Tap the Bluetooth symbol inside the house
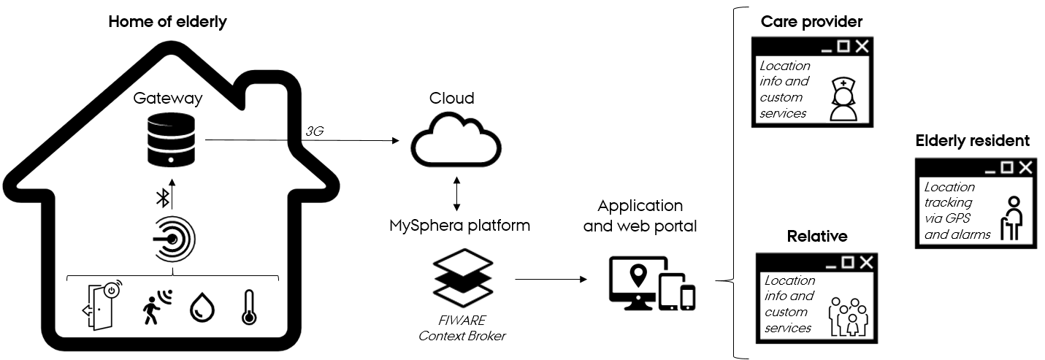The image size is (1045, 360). [164, 197]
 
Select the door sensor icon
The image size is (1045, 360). [100, 305]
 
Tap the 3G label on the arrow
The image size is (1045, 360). [315, 131]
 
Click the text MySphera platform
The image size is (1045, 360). [459, 226]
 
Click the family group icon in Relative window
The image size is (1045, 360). [847, 316]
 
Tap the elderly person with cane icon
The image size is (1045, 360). [1012, 218]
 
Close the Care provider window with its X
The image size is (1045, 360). [862, 47]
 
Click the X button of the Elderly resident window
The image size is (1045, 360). [1026, 168]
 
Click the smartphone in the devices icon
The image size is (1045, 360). [687, 296]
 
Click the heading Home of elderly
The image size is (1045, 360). [167, 22]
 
